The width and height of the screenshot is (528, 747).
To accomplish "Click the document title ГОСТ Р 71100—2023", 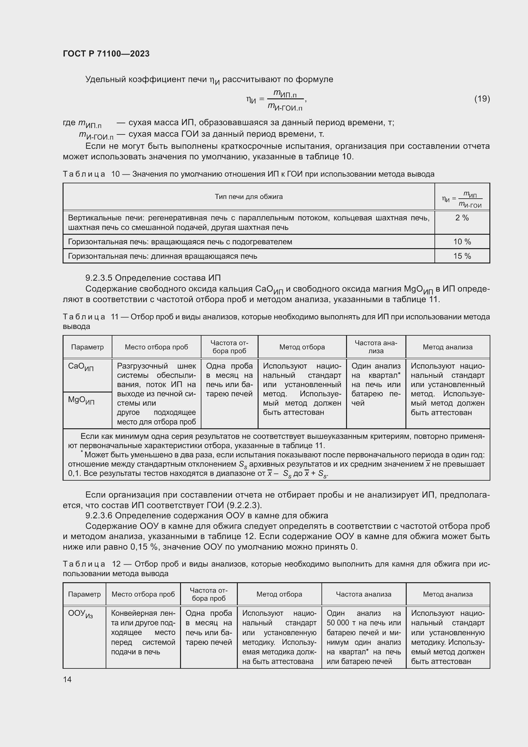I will [x=106, y=54].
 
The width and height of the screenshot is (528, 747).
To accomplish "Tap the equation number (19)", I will [x=482, y=99].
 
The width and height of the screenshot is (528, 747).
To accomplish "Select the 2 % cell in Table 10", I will [x=462, y=218].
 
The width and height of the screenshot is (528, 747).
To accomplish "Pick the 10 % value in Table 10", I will [x=462, y=242].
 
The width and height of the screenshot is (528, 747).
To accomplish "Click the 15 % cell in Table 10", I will [x=462, y=256].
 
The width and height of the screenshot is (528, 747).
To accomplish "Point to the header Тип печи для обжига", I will [x=248, y=196].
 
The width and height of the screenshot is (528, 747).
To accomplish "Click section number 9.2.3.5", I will [x=99, y=278].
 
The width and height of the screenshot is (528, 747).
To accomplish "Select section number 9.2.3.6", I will [x=99, y=516].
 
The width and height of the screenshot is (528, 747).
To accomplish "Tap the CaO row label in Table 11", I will [x=81, y=367].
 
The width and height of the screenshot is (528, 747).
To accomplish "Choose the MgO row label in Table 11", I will [x=81, y=400].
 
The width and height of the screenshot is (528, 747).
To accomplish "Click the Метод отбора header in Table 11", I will [x=302, y=347].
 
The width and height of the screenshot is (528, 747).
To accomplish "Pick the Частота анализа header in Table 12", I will [x=363, y=594].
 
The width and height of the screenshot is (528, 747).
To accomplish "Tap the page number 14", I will [x=67, y=679].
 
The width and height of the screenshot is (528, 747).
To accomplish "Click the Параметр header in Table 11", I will [x=87, y=347].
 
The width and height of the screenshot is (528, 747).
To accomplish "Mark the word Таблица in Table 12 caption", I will [x=84, y=564].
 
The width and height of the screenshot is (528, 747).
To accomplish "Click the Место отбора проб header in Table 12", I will [x=143, y=594].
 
